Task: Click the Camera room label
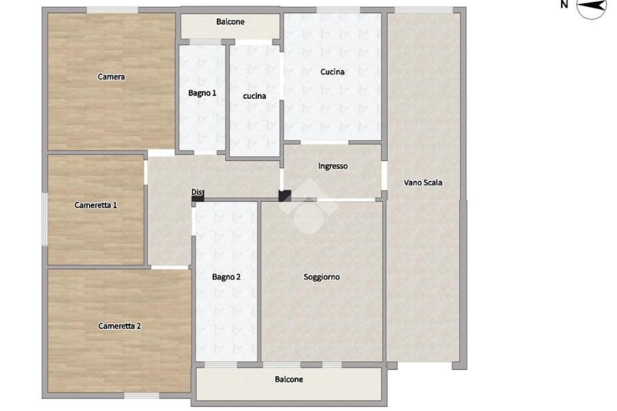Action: click(x=111, y=77)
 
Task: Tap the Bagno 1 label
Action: click(x=202, y=93)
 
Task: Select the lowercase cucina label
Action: click(x=254, y=96)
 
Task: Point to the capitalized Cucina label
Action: click(x=333, y=72)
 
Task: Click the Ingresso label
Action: click(x=333, y=166)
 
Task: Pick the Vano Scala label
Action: click(x=423, y=183)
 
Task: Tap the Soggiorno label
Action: click(x=322, y=277)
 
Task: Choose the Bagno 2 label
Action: click(x=227, y=277)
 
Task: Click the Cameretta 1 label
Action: click(x=96, y=205)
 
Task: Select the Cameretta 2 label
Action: click(x=120, y=326)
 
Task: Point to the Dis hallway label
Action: click(x=198, y=192)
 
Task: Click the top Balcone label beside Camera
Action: click(x=230, y=22)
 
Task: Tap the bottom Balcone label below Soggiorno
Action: click(x=289, y=380)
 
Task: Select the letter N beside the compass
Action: click(x=564, y=4)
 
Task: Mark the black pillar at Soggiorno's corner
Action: click(x=284, y=196)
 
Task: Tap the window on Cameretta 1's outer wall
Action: click(x=45, y=219)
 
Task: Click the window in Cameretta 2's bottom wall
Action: click(x=142, y=395)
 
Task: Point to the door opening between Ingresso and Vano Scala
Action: click(x=384, y=176)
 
